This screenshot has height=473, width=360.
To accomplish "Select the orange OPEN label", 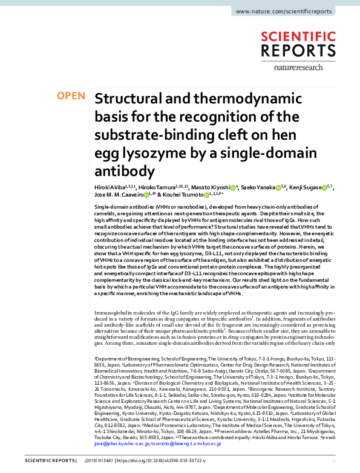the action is click(x=70, y=96).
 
